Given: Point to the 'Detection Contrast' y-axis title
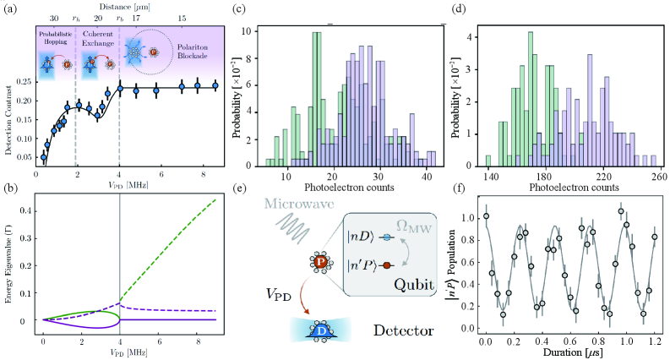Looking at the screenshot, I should click(x=8, y=117).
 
